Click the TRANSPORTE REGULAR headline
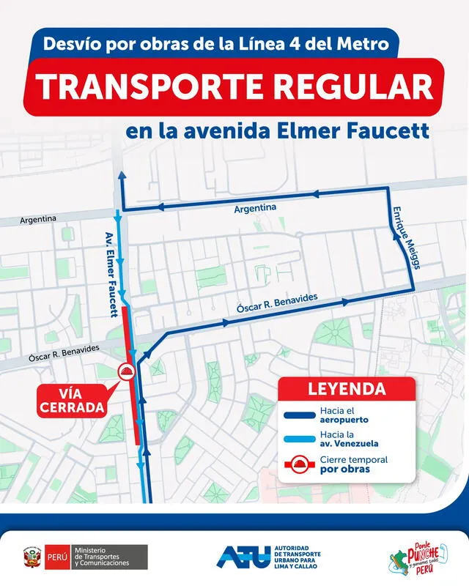(235, 86)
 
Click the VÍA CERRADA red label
(72, 400)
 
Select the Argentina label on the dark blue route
(255, 209)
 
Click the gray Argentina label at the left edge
(38, 219)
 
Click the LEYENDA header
(347, 388)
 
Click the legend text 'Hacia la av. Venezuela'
(347, 440)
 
